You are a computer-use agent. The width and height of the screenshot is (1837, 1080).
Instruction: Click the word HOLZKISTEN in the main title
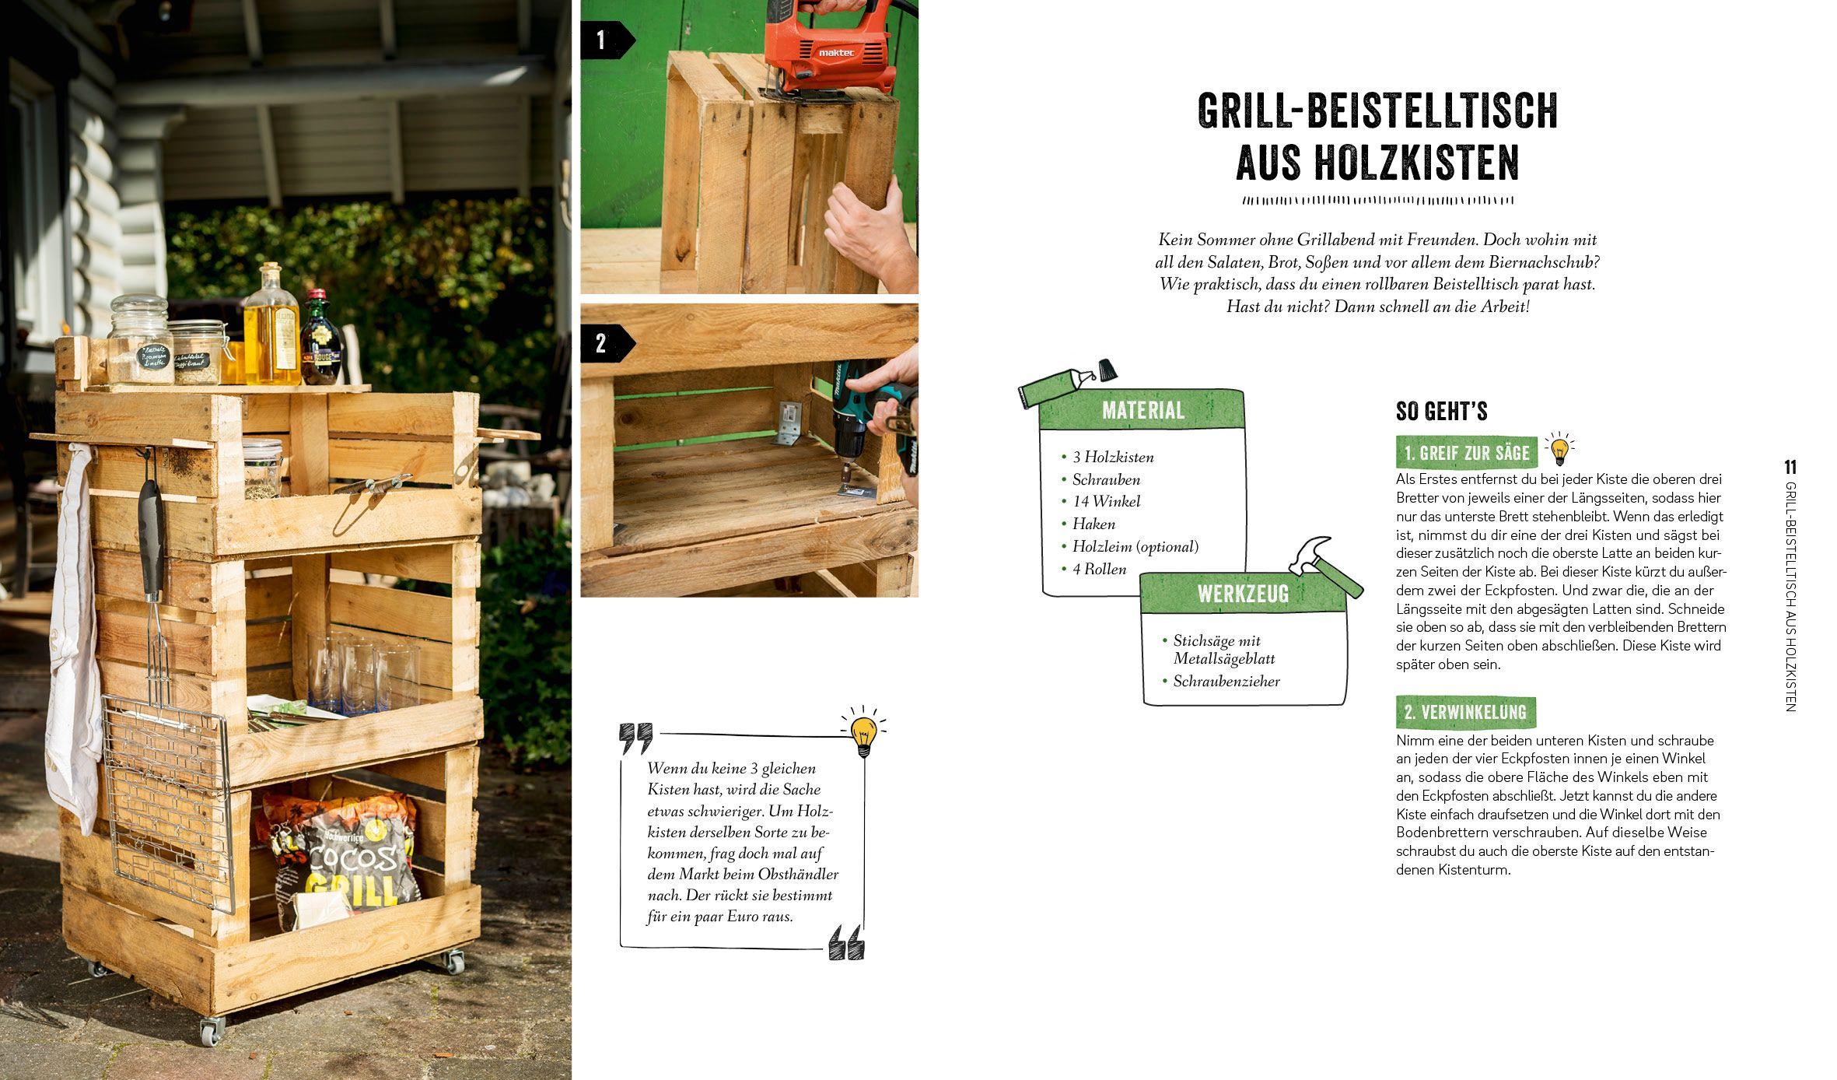point(1377,163)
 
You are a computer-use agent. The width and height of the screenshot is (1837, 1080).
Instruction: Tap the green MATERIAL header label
point(1142,410)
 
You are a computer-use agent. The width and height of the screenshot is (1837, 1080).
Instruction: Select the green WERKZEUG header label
point(1242,594)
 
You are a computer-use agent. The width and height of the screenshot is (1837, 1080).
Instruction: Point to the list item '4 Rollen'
point(1099,570)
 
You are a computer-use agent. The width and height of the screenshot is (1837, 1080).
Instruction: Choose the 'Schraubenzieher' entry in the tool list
point(1226,682)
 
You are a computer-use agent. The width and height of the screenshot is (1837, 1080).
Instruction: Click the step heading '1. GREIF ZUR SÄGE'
point(1466,453)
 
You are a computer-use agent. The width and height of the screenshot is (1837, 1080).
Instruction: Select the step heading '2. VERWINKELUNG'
point(1464,712)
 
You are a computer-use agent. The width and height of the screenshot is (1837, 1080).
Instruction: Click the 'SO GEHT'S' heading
point(1441,411)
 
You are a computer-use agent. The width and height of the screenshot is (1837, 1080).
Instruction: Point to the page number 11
point(1790,468)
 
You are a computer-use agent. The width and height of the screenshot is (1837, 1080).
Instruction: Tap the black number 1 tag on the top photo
point(601,40)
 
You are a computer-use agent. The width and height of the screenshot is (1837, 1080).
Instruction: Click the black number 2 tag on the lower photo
point(601,344)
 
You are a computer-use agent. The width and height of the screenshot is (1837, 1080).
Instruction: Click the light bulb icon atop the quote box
point(863,734)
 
